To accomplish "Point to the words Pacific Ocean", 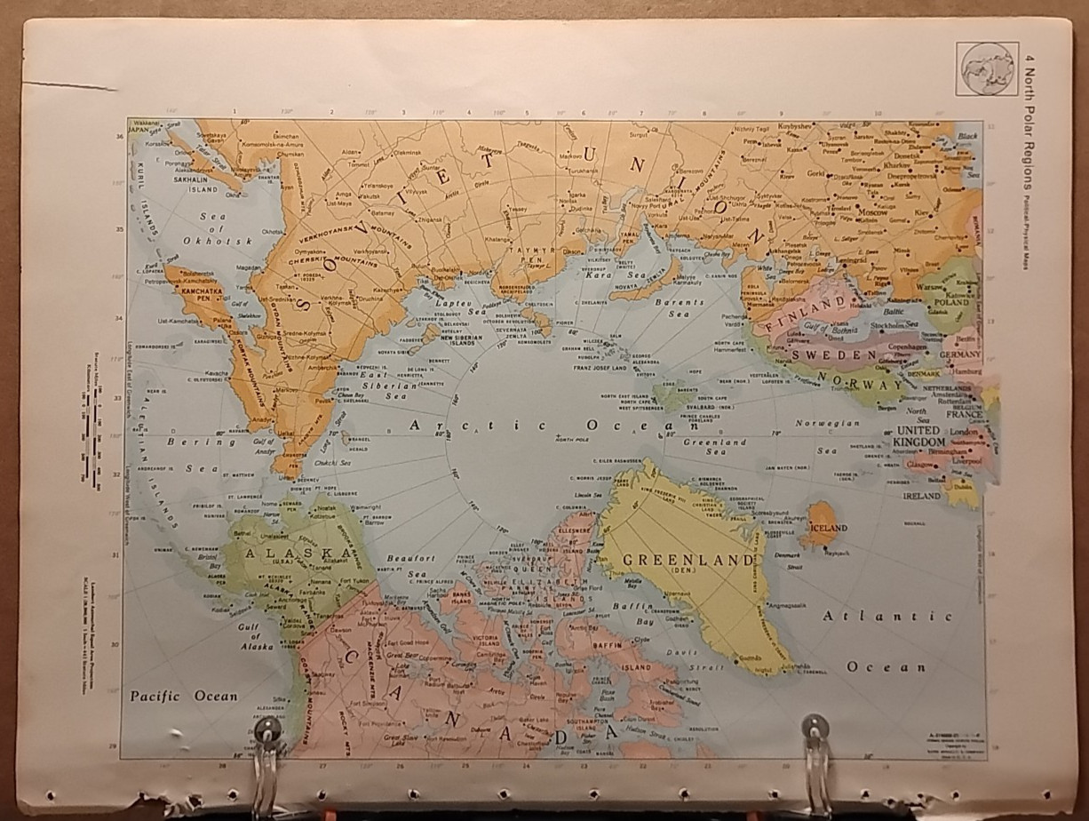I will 184,696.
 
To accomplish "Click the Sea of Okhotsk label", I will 207,228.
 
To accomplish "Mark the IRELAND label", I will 921,496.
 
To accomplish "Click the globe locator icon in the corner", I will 987,68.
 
